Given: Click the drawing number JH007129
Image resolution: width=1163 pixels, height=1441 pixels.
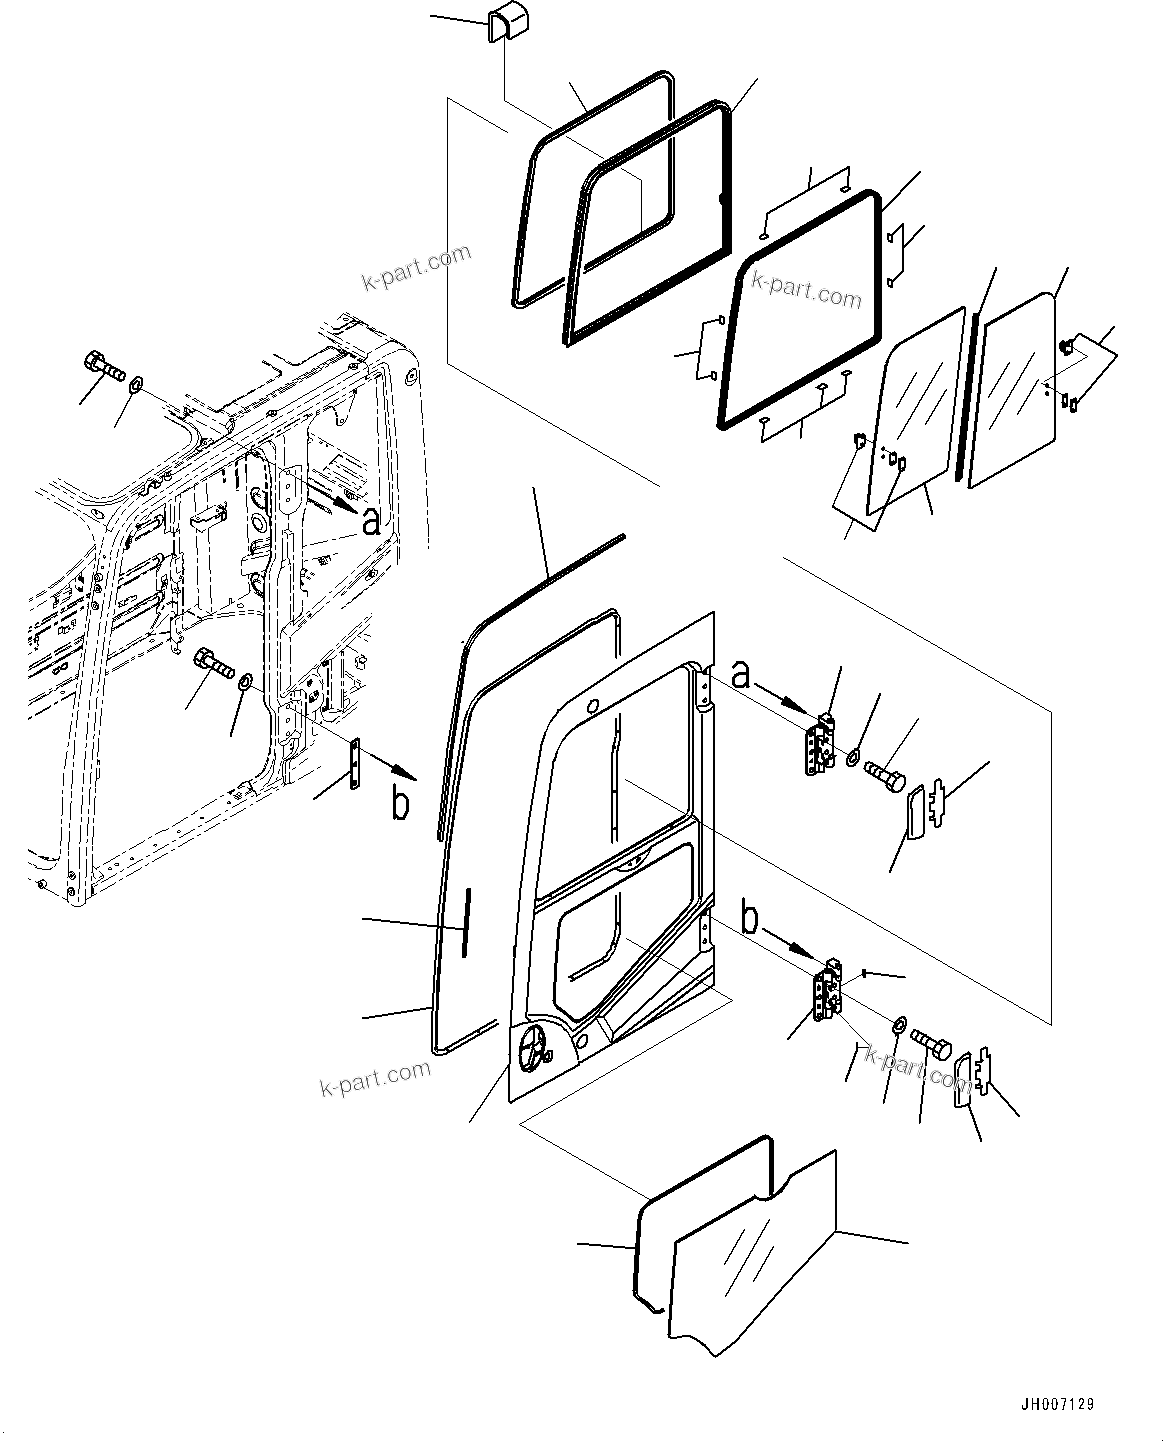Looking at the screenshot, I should pyautogui.click(x=1056, y=1404).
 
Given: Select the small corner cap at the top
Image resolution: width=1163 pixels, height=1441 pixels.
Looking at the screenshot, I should pyautogui.click(x=499, y=25).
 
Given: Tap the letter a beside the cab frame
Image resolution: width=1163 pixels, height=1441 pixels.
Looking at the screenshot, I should pyautogui.click(x=371, y=521).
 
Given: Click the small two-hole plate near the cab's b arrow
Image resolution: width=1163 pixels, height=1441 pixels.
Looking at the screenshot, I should pyautogui.click(x=355, y=764).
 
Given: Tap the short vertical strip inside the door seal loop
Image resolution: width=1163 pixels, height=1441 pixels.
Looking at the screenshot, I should pyautogui.click(x=465, y=921).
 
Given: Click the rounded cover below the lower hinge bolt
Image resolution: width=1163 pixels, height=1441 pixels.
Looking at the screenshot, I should pyautogui.click(x=962, y=1080).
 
